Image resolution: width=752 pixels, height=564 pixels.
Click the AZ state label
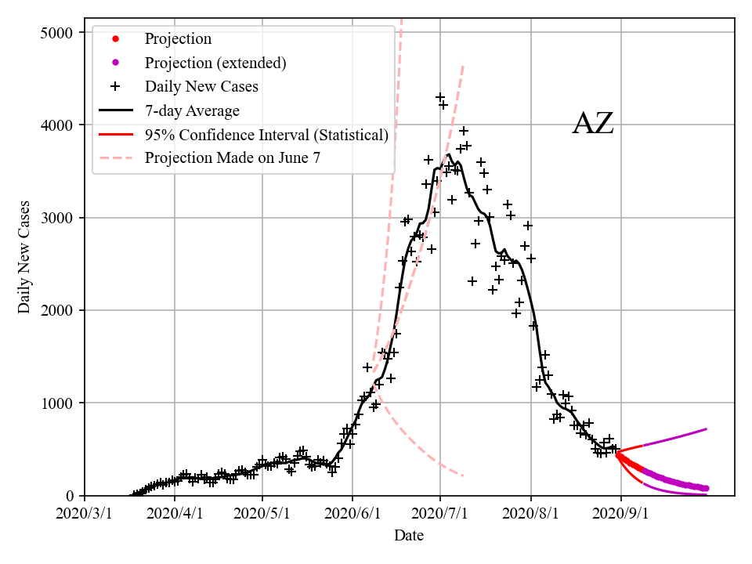tap(593, 124)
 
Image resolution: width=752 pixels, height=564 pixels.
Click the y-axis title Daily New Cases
tap(24, 257)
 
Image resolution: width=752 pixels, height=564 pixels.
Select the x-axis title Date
tap(409, 536)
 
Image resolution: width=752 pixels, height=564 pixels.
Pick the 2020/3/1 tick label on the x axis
tap(85, 514)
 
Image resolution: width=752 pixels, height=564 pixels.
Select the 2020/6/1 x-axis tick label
tap(352, 514)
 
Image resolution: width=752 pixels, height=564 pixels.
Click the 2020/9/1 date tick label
tap(621, 514)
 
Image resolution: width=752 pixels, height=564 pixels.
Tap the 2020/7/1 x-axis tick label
tap(440, 514)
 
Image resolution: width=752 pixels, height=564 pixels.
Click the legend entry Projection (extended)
tap(215, 63)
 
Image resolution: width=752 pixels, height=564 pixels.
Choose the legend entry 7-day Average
tap(192, 110)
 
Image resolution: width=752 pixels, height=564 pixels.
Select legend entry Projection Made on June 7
tap(233, 158)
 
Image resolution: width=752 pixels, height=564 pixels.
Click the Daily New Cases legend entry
tap(201, 86)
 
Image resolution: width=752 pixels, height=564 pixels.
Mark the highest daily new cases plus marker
tap(440, 97)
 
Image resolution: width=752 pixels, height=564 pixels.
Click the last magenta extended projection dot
tap(706, 488)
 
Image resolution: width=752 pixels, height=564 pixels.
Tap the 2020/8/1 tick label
tap(532, 514)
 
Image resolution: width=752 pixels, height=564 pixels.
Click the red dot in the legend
tap(115, 38)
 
